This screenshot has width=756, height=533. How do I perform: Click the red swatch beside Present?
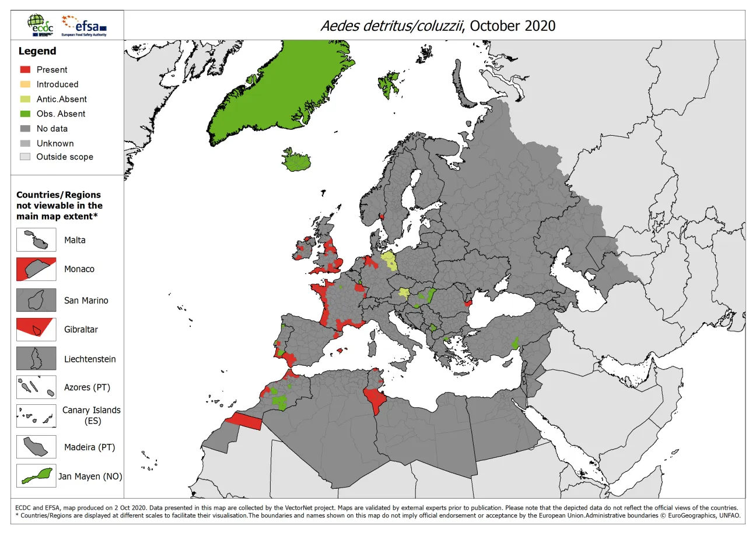[x=24, y=69]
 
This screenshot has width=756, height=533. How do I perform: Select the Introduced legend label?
[x=57, y=84]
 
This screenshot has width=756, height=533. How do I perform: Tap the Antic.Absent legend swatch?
[x=24, y=99]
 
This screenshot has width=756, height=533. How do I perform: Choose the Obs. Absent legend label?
[x=61, y=114]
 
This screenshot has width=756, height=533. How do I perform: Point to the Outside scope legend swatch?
[x=24, y=157]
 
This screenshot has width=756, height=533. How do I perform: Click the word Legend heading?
[x=37, y=51]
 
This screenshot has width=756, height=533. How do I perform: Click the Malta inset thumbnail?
[x=36, y=240]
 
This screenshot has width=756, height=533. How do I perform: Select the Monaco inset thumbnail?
[x=36, y=269]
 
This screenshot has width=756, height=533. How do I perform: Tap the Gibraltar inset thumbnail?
[x=36, y=329]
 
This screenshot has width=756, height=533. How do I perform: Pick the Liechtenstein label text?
[x=90, y=359]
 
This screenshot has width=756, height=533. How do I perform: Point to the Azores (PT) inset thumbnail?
[x=36, y=387]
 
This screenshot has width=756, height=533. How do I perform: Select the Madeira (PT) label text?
[x=89, y=447]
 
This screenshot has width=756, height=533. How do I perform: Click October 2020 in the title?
[x=513, y=26]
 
